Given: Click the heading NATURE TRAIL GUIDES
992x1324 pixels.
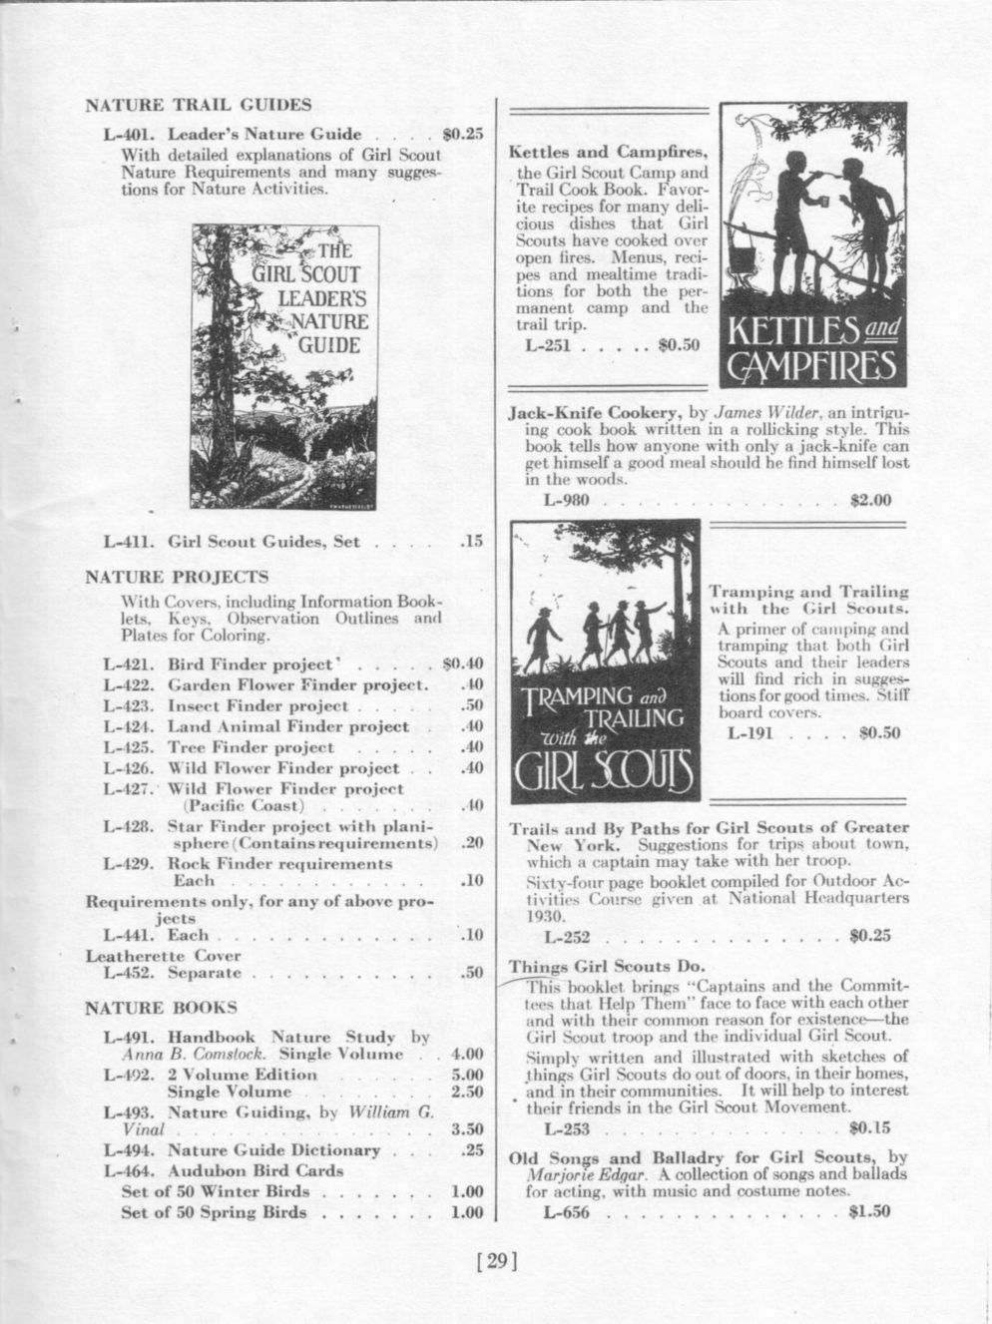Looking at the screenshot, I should pyautogui.click(x=198, y=105).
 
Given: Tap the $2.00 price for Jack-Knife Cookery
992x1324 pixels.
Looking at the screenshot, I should pyautogui.click(x=869, y=500).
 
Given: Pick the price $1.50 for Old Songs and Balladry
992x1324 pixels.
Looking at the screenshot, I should pyautogui.click(x=869, y=1212).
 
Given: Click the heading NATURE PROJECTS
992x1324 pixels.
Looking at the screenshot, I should pyautogui.click(x=177, y=577).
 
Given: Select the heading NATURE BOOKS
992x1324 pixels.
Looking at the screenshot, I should pyautogui.click(x=161, y=1007).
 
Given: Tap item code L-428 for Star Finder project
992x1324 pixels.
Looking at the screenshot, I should pyautogui.click(x=129, y=826).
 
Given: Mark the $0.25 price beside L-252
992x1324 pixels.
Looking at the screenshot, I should pyautogui.click(x=869, y=936).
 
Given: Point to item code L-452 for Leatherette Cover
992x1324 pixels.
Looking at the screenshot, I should pyautogui.click(x=129, y=972).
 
